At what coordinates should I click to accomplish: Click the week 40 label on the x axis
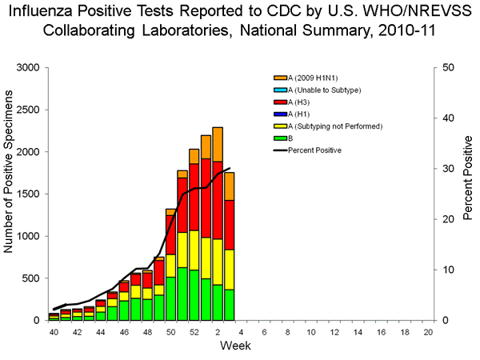54,331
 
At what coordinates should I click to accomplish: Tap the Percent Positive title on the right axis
468,194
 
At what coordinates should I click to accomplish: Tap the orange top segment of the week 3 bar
229,186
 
